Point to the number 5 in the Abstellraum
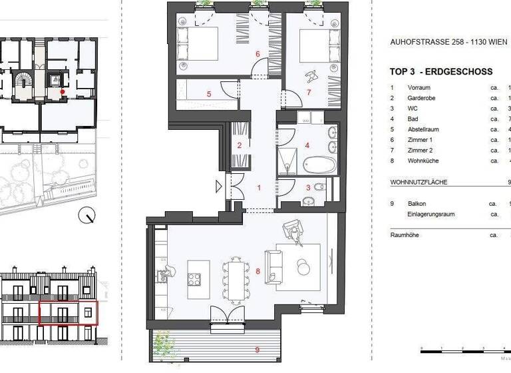209,94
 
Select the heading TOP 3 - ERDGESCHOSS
440,72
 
